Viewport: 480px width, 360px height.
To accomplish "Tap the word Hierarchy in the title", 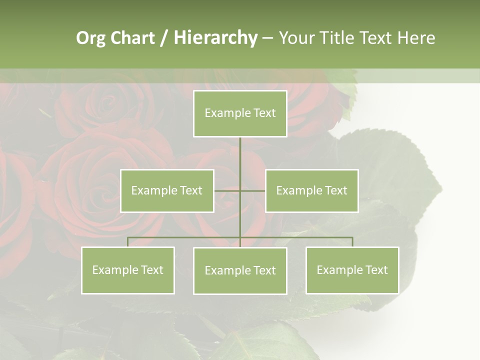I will click(215, 38).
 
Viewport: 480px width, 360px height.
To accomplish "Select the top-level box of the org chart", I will click(240, 113).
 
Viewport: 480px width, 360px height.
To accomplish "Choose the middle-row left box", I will click(167, 190).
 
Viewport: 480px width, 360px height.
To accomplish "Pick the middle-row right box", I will click(311, 190).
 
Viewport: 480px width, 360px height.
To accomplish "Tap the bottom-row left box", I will click(128, 270).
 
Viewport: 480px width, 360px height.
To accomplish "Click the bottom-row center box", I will click(240, 270).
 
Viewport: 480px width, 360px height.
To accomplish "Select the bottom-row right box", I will click(352, 270).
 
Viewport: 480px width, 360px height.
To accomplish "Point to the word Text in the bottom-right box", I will click(376, 270).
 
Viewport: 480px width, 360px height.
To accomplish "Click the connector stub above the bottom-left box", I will click(128, 242).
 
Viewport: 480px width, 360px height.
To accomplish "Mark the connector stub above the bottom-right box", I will click(352, 242).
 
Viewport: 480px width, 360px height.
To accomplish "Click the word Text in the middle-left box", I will click(191, 190).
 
